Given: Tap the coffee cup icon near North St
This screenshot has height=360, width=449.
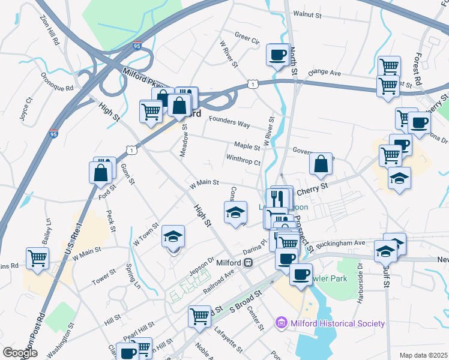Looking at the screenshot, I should tap(277, 55).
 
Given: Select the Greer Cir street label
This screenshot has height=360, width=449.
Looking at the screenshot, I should tap(247, 38).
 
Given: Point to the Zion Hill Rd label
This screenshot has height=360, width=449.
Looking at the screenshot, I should tap(50, 31).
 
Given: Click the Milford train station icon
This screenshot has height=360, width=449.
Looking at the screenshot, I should tap(247, 263).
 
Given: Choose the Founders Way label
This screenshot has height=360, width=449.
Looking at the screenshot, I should tap(229, 123).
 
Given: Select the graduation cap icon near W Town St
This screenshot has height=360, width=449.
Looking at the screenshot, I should tap(173, 237).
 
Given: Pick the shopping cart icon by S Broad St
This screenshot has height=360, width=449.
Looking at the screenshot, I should tap(199, 316).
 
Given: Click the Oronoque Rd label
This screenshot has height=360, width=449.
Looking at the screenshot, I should tap(56, 82).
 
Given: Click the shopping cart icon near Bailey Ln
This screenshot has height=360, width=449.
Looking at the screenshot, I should tap(37, 259).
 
